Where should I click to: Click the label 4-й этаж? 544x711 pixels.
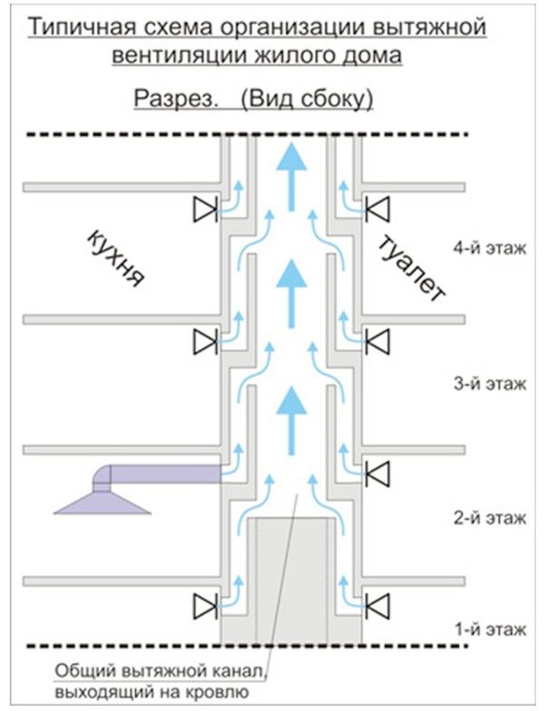coord(490,248)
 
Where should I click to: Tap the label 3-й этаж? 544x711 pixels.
coord(490,384)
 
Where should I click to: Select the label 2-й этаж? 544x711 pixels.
coord(490,517)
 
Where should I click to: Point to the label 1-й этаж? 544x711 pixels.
coord(490,629)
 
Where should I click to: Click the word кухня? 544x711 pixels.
coord(115,258)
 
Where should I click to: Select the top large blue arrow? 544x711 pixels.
coord(291,176)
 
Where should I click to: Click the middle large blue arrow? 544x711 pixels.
coord(291,293)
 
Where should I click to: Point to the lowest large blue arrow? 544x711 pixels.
coord(291,421)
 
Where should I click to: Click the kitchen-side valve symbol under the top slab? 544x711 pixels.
coord(205,209)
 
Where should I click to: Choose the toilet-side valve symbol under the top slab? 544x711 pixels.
coord(377,209)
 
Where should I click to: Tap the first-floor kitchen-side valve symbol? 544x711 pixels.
coord(205,606)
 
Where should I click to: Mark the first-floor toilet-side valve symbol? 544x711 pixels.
coord(377,606)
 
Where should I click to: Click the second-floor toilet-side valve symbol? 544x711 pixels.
coord(377,475)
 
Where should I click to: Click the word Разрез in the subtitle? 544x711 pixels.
coord(174,100)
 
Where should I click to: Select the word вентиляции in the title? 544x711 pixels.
coord(175,56)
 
